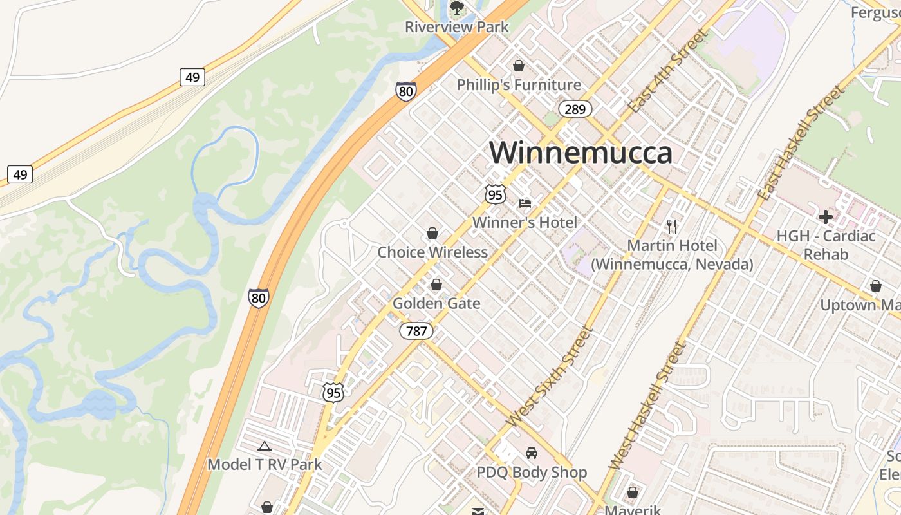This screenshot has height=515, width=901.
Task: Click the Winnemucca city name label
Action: click(581, 153)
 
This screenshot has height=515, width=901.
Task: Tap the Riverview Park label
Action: click(456, 27)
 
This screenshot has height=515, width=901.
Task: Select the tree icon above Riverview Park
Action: click(456, 8)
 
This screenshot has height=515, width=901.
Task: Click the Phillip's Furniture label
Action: click(519, 85)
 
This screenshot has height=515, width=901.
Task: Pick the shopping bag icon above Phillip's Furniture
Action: click(519, 66)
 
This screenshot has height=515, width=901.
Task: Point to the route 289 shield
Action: click(575, 109)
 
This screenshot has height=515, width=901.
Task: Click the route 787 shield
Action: click(416, 331)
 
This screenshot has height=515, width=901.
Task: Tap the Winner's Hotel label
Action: click(525, 223)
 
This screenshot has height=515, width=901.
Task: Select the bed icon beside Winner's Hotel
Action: click(525, 203)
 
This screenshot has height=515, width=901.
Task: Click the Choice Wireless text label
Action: click(432, 252)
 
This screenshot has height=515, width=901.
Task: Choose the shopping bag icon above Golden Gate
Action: click(436, 285)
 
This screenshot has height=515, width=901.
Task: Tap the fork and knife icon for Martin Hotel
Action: click(672, 226)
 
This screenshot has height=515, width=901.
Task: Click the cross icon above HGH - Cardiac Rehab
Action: click(826, 217)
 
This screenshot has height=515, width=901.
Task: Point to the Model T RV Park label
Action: click(265, 464)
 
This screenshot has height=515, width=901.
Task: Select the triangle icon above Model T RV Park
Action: click(265, 446)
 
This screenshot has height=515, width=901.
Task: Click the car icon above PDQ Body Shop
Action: click(532, 453)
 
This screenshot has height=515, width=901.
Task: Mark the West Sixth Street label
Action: click(548, 377)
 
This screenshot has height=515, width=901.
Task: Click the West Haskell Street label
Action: click(646, 406)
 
